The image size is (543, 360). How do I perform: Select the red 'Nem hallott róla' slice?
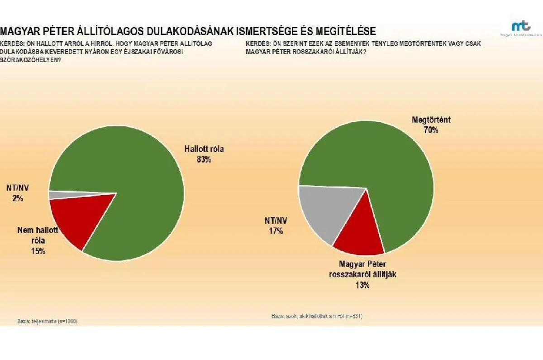pos(77,217)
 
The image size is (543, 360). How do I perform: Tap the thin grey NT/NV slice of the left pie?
pos(57,195)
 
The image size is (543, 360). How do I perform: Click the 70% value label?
pos(431,130)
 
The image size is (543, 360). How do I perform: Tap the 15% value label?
pos(38,251)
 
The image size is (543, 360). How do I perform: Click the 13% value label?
pos(362,285)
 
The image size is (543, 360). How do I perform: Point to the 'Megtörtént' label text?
pos(431,120)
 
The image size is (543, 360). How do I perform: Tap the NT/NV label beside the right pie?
pos(276,221)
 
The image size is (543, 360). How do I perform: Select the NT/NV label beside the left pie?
pos(18,188)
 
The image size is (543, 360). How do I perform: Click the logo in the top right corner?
pos(518,28)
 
